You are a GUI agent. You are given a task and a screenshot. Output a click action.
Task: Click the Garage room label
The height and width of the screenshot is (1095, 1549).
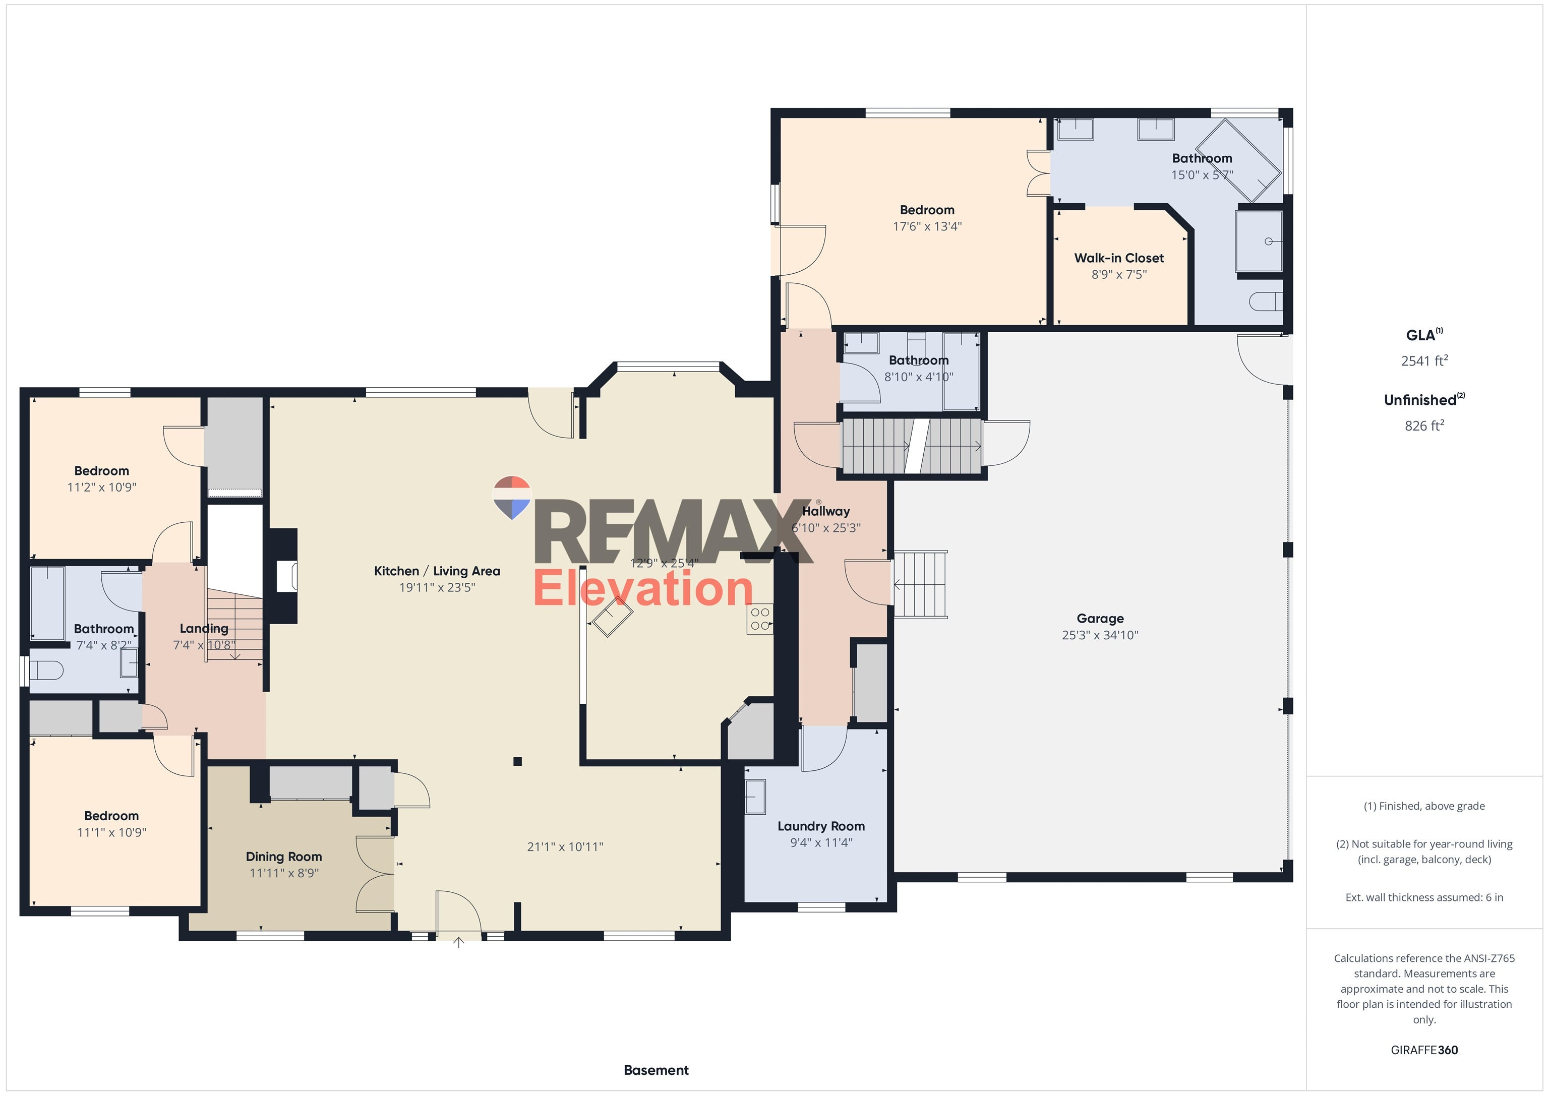1100,618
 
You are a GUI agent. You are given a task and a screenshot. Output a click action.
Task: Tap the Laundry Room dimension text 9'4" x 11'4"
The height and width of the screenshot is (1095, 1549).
821,842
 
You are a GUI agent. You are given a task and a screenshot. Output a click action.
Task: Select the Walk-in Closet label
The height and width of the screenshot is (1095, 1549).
1118,258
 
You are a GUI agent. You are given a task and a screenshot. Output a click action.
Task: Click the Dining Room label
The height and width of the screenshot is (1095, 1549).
283,856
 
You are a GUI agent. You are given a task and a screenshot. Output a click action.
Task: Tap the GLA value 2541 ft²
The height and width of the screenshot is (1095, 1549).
1423,360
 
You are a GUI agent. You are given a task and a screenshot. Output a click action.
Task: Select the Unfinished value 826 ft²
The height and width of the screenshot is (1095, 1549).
1423,425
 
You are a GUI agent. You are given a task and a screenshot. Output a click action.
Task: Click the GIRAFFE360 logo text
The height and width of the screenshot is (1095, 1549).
1423,1050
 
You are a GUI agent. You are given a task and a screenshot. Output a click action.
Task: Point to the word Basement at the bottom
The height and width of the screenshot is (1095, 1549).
656,1070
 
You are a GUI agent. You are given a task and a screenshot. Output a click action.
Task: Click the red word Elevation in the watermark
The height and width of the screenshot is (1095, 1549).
642,588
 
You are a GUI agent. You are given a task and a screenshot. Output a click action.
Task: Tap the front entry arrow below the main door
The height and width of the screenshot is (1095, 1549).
459,943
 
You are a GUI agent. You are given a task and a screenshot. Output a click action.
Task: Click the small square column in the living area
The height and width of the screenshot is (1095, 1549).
517,762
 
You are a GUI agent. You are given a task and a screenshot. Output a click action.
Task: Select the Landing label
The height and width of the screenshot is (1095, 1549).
204,628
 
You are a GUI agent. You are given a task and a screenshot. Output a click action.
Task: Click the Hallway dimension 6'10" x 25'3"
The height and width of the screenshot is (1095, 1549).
826,528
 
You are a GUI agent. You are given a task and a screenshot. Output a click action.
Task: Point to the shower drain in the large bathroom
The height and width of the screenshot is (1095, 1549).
1268,241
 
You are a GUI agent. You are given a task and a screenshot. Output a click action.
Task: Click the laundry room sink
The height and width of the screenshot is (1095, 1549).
755,797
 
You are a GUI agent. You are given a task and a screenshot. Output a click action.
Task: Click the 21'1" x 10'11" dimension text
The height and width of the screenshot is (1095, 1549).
565,846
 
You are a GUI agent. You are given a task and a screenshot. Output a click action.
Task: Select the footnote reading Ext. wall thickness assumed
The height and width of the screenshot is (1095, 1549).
1423,897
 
